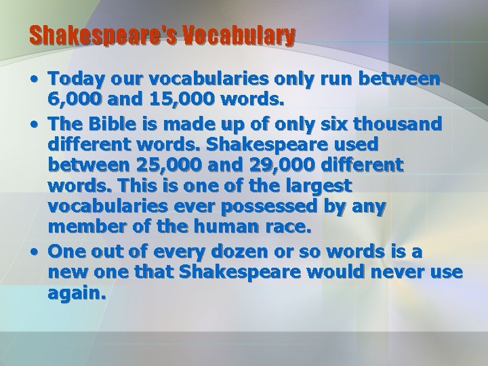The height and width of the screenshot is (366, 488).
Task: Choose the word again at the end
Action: tap(76, 294)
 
